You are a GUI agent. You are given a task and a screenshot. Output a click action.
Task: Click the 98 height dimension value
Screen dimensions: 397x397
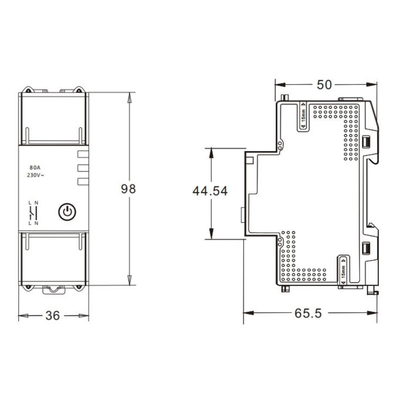point(128,189)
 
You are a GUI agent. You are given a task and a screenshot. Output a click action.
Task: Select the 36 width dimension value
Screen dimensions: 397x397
point(53,316)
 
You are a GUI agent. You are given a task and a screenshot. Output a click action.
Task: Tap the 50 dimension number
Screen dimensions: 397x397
point(324,85)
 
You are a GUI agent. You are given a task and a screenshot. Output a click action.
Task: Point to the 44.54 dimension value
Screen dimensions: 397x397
point(210,191)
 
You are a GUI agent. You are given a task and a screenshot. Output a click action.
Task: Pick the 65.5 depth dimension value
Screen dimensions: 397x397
point(308,313)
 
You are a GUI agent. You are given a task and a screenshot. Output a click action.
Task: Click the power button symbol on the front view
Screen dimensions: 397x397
point(67,212)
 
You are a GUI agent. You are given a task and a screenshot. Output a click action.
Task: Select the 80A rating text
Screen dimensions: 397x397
point(35,168)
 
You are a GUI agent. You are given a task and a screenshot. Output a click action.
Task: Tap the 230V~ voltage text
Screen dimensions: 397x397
point(35,175)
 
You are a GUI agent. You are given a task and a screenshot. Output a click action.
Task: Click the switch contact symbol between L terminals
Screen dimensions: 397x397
point(31,213)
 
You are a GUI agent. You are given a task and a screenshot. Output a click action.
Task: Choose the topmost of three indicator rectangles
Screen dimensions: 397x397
point(83,154)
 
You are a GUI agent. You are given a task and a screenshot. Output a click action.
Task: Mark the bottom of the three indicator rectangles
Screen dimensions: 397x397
point(83,181)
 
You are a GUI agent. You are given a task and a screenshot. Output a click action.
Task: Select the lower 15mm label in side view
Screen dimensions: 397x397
point(343,272)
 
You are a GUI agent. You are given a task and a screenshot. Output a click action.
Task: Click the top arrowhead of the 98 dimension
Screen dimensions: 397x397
point(130,98)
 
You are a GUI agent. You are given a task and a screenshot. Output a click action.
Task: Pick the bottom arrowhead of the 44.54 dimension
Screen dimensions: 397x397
point(211,234)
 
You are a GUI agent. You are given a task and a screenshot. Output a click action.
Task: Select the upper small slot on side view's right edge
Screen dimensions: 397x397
point(366,142)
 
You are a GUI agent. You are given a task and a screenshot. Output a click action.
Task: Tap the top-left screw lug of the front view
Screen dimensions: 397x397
point(28,90)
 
